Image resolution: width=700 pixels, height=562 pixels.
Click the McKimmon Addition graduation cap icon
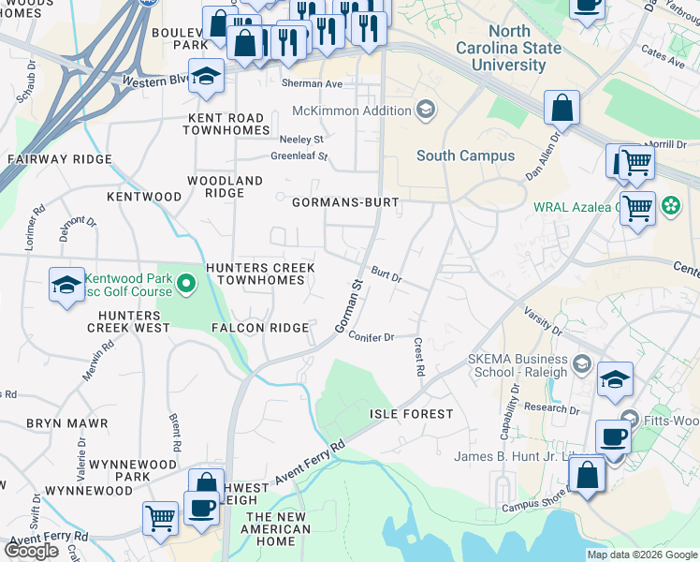426,111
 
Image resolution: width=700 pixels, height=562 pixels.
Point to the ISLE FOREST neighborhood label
411,414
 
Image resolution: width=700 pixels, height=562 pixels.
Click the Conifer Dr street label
372,336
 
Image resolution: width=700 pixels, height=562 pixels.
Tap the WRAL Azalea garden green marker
670,205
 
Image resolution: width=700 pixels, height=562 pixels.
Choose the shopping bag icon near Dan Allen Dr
561,110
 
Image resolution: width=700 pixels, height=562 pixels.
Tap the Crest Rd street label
418,358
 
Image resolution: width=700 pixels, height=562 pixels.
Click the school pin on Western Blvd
204,79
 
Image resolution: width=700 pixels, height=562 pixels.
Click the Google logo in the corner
31,551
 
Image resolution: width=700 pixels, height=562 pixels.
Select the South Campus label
465,155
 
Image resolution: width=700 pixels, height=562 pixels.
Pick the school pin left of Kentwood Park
67,286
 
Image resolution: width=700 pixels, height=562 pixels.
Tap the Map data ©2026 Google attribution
642,555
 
